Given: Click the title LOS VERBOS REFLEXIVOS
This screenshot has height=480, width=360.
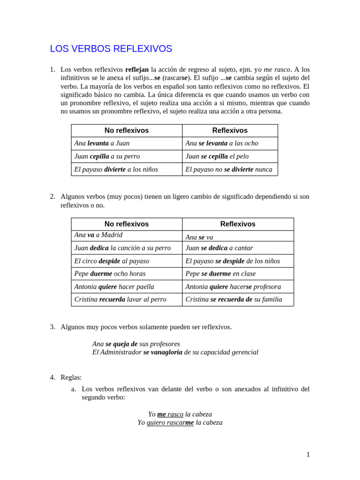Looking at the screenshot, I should click(111, 49).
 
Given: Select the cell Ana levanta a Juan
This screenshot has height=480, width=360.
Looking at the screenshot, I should click(102, 143).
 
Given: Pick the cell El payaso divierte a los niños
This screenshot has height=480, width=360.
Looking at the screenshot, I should click(116, 169).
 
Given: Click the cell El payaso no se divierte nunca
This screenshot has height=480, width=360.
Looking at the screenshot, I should click(228, 169).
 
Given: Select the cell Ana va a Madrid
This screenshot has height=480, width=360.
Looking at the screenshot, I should click(98, 235).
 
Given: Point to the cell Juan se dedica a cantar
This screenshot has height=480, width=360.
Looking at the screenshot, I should click(219, 248).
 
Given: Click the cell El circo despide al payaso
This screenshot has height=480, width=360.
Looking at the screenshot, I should click(112, 261).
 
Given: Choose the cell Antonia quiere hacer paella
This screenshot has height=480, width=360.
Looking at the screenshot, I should click(114, 286).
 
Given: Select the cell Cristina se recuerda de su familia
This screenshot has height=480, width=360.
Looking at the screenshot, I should click(233, 300).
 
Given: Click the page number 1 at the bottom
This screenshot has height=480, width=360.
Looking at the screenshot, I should click(308, 454).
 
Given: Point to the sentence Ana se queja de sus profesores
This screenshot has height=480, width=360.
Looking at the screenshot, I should click(136, 344).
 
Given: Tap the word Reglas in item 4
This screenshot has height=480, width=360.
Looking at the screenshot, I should click(71, 377).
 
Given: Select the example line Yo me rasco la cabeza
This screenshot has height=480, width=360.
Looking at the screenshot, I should click(180, 414).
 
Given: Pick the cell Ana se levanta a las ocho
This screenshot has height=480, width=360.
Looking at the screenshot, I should click(222, 143).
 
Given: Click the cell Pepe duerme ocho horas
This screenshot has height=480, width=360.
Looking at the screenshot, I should click(110, 274).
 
